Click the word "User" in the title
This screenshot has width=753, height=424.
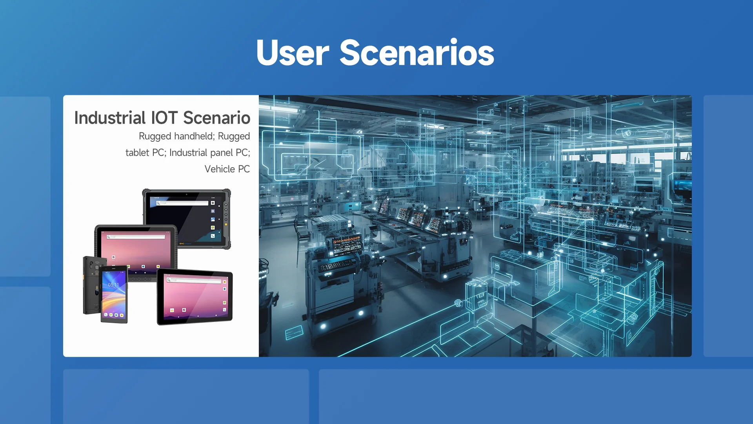click(293, 53)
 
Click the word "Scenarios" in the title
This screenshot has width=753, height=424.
click(417, 53)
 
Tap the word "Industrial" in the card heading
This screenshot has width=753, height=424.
click(110, 118)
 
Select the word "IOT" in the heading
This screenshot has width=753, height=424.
click(164, 118)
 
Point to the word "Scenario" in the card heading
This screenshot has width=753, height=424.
click(216, 118)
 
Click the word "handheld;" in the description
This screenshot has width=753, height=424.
click(194, 136)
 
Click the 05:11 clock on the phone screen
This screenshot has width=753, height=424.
click(113, 285)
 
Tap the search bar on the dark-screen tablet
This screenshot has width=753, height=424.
click(182, 203)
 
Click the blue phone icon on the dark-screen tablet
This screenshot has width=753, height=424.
click(213, 236)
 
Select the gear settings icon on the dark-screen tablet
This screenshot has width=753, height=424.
click(213, 211)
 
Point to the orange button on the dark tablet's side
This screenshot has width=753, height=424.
click(226, 225)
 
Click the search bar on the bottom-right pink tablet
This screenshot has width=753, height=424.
click(194, 280)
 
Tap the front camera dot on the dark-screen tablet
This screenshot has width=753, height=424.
click(187, 194)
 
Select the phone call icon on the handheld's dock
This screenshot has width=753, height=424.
click(106, 314)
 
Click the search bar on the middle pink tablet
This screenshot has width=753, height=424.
click(136, 237)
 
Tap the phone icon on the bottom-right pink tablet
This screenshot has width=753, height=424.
click(224, 310)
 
